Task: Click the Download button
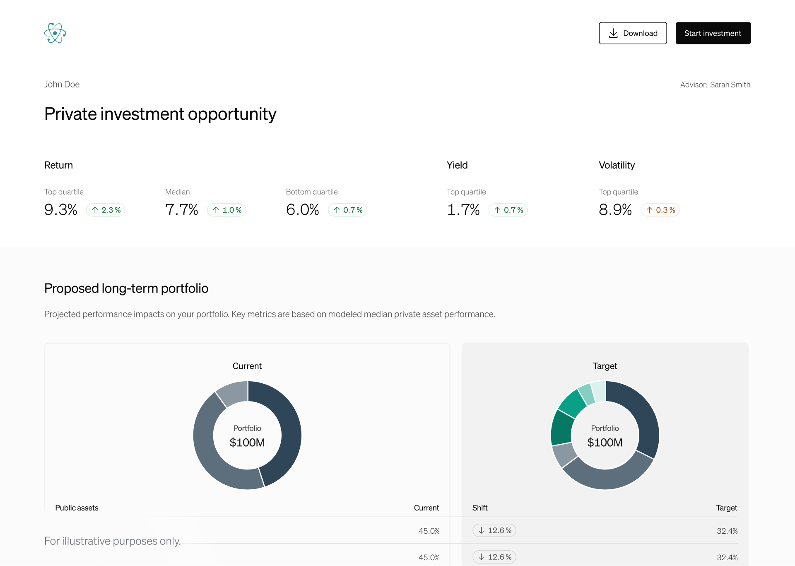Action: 632,33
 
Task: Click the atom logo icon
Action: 55,33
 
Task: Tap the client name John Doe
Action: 62,85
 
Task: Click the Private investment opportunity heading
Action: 160,114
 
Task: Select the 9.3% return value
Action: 61,210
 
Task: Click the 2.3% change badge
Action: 106,210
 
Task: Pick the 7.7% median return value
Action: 182,210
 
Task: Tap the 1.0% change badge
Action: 226,210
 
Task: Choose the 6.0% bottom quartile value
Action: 303,210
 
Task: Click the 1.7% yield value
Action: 463,210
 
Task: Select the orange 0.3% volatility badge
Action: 660,210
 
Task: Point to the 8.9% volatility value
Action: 615,210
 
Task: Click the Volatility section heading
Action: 617,165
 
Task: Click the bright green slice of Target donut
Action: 572,403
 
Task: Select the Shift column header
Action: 480,508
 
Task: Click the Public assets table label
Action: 77,508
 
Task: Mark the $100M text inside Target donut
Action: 605,443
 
